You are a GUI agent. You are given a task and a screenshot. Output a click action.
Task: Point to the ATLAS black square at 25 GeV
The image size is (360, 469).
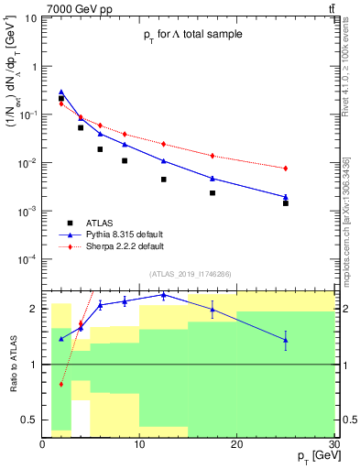[x=286, y=203]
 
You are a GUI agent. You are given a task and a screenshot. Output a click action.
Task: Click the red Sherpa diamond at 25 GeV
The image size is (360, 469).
[x=286, y=169]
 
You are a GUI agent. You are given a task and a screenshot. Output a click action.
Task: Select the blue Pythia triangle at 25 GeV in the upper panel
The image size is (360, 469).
[x=286, y=196]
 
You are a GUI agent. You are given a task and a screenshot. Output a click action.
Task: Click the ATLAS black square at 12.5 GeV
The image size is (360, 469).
[x=163, y=180]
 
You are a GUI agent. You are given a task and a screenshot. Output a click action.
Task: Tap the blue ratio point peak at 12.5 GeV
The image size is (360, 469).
[x=163, y=295]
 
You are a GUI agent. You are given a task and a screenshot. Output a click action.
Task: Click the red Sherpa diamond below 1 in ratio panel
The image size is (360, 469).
[x=61, y=384]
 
